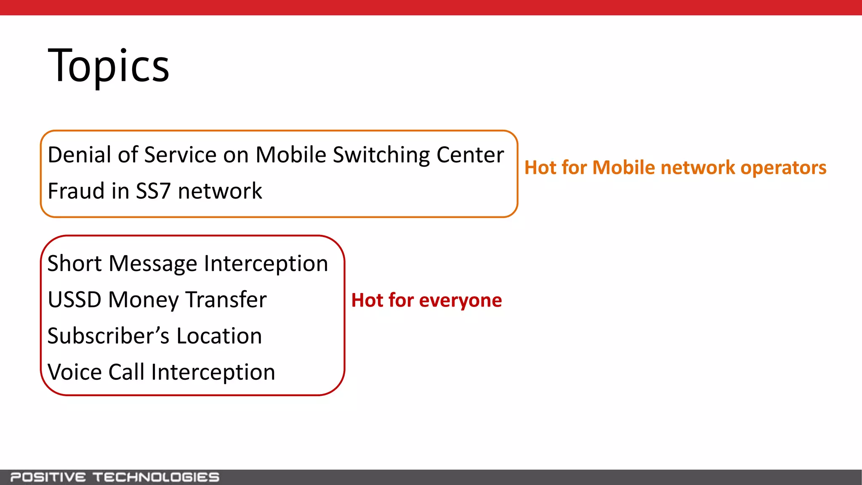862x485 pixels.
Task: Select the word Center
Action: coord(470,155)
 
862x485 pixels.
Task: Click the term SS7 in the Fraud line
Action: coord(153,191)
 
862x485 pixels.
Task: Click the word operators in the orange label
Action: coord(783,168)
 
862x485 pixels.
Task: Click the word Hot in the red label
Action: coord(367,300)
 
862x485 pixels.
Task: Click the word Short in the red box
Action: coord(74,264)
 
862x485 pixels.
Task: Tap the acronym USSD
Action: coord(74,300)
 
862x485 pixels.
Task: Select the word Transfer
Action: coord(226,300)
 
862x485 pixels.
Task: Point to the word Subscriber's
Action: coord(108,336)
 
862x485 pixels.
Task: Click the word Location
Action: coord(219,336)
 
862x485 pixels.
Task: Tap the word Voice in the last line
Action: coord(74,372)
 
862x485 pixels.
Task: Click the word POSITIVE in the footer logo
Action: coord(48,477)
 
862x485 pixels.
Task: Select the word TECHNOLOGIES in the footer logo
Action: coord(156,477)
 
